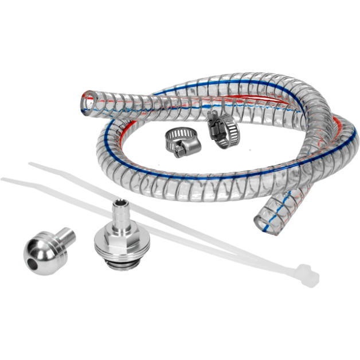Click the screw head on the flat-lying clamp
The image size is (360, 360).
(x=182, y=151)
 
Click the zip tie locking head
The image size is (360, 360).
(x=307, y=276)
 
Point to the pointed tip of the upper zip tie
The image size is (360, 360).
(x=31, y=165)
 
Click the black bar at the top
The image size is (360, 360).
(x=180, y=22)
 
